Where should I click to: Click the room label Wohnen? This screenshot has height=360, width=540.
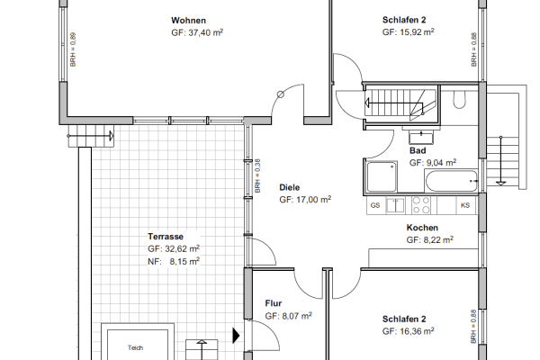tap(189, 20)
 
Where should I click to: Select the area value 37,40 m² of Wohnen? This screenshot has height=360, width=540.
tap(189, 31)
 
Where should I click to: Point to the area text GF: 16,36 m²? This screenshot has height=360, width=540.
tap(408, 331)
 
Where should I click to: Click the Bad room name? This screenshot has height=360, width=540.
tap(418, 151)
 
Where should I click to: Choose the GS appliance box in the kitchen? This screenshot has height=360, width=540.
tap(375, 206)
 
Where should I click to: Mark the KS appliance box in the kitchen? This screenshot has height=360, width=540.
tap(465, 206)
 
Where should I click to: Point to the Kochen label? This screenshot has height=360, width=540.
tap(422, 229)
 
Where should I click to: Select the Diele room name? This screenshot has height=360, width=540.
tap(290, 187)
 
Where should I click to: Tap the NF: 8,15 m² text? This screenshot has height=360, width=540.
tap(174, 260)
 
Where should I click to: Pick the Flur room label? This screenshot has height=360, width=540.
tap(274, 304)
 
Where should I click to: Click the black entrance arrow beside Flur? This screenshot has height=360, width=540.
tap(237, 336)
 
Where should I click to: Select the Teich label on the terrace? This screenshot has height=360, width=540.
tap(135, 347)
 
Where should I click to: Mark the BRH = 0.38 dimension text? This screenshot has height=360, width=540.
tap(256, 176)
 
